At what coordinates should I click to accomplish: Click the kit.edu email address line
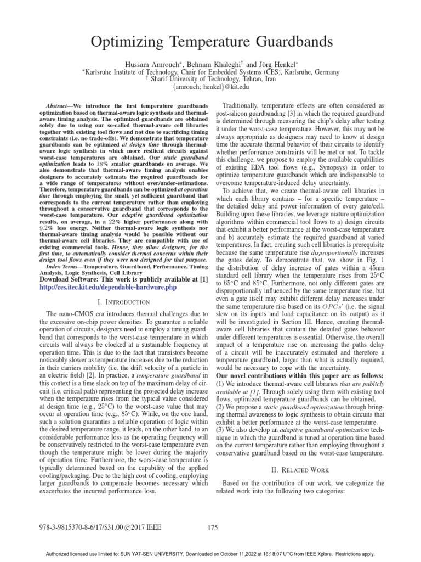pyautogui.click(x=210, y=87)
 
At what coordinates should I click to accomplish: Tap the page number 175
pyautogui.click(x=213, y=528)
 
